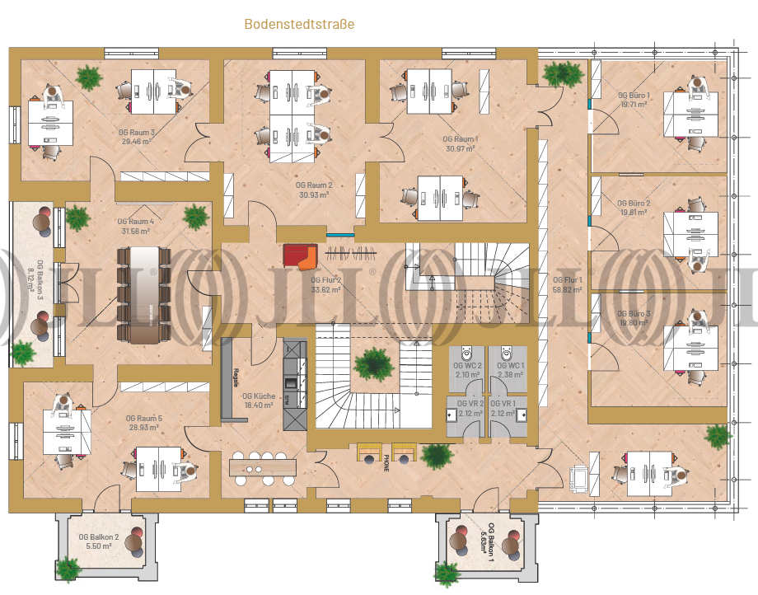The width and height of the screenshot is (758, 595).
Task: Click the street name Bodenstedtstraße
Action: click(x=299, y=25)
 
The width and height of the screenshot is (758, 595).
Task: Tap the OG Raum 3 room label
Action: click(x=137, y=132)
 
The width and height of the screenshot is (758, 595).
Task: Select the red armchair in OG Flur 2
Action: click(x=299, y=256)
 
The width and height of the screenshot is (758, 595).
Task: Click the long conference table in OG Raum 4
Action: click(x=146, y=293)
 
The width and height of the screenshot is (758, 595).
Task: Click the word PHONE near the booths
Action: click(x=386, y=462)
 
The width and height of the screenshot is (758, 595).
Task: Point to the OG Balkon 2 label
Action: click(x=99, y=536)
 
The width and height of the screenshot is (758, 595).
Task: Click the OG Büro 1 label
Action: click(x=634, y=96)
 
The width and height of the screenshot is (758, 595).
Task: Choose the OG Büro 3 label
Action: click(x=634, y=314)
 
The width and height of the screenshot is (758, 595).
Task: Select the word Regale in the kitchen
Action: click(x=236, y=377)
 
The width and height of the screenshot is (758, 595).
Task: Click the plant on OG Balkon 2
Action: click(x=68, y=568)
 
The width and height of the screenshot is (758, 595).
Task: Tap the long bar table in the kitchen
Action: click(x=263, y=468)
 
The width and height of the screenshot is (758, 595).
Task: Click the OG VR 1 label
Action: click(x=503, y=403)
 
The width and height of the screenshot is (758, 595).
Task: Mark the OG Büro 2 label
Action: click(x=634, y=203)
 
